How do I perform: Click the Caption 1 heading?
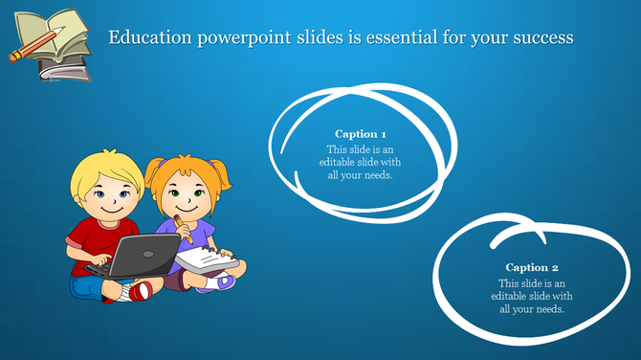pyautogui.click(x=361, y=134)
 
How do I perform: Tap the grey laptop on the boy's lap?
pyautogui.click(x=144, y=254)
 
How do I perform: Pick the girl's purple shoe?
pyautogui.click(x=226, y=281)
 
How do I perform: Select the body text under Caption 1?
pyautogui.click(x=360, y=162)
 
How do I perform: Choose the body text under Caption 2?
pyautogui.click(x=532, y=297)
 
